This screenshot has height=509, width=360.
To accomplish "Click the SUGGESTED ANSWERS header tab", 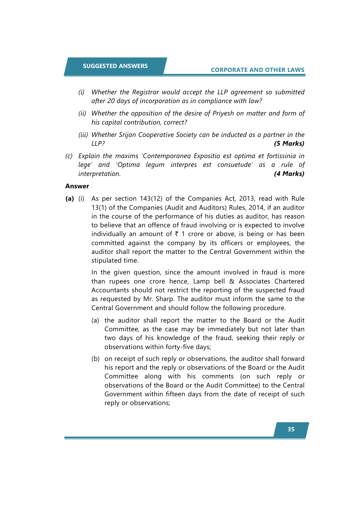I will point(115,66).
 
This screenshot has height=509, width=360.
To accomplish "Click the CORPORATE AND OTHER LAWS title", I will point(258,70).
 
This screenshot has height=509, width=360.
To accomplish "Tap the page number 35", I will point(291,429).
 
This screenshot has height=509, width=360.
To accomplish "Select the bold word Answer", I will point(77,186).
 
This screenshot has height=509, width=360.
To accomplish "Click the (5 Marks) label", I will point(289,144).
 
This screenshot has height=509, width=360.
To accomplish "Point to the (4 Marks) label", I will point(289,174).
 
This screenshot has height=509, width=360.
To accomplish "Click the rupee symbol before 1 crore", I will point(177,234).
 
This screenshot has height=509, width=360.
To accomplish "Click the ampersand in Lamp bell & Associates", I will point(232,281).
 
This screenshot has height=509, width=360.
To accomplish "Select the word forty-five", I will point(180,347).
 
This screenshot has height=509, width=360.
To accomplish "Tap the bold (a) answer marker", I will point(70,199).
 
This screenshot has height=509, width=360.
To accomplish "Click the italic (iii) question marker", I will point(83,135).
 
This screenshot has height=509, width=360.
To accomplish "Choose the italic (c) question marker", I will point(69,156).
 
